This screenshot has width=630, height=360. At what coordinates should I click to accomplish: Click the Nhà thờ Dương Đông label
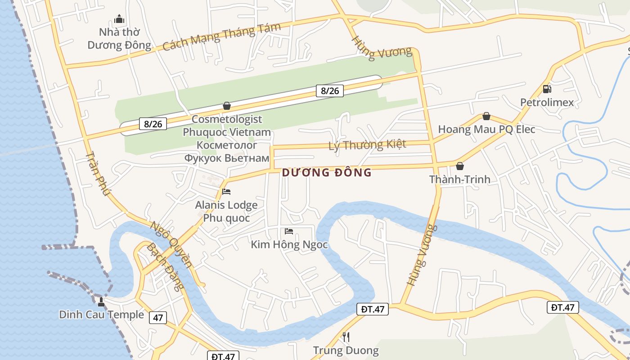coord(119,39)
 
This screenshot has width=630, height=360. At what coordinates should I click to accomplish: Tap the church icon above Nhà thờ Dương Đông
coord(119,19)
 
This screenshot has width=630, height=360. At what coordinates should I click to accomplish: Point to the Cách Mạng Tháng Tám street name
coord(221,37)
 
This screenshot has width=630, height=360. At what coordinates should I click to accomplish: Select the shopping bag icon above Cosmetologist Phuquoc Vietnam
coord(227,106)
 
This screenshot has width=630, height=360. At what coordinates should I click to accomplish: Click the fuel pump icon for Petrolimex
coord(547,89)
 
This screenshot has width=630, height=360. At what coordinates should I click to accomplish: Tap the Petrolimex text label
coord(547,103)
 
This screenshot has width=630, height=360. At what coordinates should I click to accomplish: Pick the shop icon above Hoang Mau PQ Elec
coord(486,116)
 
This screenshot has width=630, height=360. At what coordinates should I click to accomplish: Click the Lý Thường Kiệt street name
coord(367,145)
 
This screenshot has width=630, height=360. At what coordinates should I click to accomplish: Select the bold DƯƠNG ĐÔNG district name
coord(327,172)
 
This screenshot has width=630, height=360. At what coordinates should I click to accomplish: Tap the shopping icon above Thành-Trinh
coord(459,166)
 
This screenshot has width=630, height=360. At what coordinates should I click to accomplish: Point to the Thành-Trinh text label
coord(459,180)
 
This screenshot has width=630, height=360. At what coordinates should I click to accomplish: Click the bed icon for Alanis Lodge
coord(226,192)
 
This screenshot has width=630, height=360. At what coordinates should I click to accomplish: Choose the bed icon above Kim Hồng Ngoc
coord(289,231)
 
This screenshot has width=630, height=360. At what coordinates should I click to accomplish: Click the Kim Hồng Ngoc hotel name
coord(289,245)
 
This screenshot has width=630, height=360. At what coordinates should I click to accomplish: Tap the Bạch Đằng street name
coord(166,266)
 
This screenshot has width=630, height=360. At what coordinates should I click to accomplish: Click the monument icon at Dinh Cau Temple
coord(101,301)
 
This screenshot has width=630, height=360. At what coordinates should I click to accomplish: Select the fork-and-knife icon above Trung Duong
coord(346,337)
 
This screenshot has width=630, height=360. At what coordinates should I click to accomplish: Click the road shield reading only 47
coord(157,318)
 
